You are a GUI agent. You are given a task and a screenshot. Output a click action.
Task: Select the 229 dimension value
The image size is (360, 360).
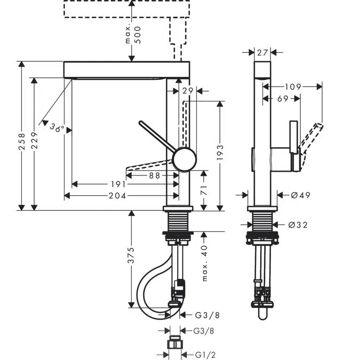click(35, 141)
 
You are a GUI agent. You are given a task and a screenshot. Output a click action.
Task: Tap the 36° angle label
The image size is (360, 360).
click(57, 128)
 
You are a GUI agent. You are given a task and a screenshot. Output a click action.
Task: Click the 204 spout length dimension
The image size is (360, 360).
click(118, 196)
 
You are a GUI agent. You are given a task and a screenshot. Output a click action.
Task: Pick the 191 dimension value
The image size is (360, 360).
click(118, 185)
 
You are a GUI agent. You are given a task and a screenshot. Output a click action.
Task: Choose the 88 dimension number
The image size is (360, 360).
click(155, 175)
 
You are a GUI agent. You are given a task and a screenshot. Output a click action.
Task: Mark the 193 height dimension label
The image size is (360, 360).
click(219, 154)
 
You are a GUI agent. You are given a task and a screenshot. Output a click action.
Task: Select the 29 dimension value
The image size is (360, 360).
click(187, 91)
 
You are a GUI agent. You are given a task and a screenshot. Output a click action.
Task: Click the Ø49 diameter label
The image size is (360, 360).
click(300, 195)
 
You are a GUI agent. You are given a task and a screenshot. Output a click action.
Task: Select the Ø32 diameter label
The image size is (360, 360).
click(298, 225)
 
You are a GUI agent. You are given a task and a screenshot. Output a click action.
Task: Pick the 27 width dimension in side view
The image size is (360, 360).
click(262, 53)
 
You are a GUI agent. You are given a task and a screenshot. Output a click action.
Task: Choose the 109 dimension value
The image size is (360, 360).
click(293, 86)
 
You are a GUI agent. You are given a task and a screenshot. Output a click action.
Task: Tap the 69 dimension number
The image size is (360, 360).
click(282, 99)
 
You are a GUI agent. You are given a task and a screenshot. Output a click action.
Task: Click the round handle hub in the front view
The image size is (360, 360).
click(184, 160)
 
